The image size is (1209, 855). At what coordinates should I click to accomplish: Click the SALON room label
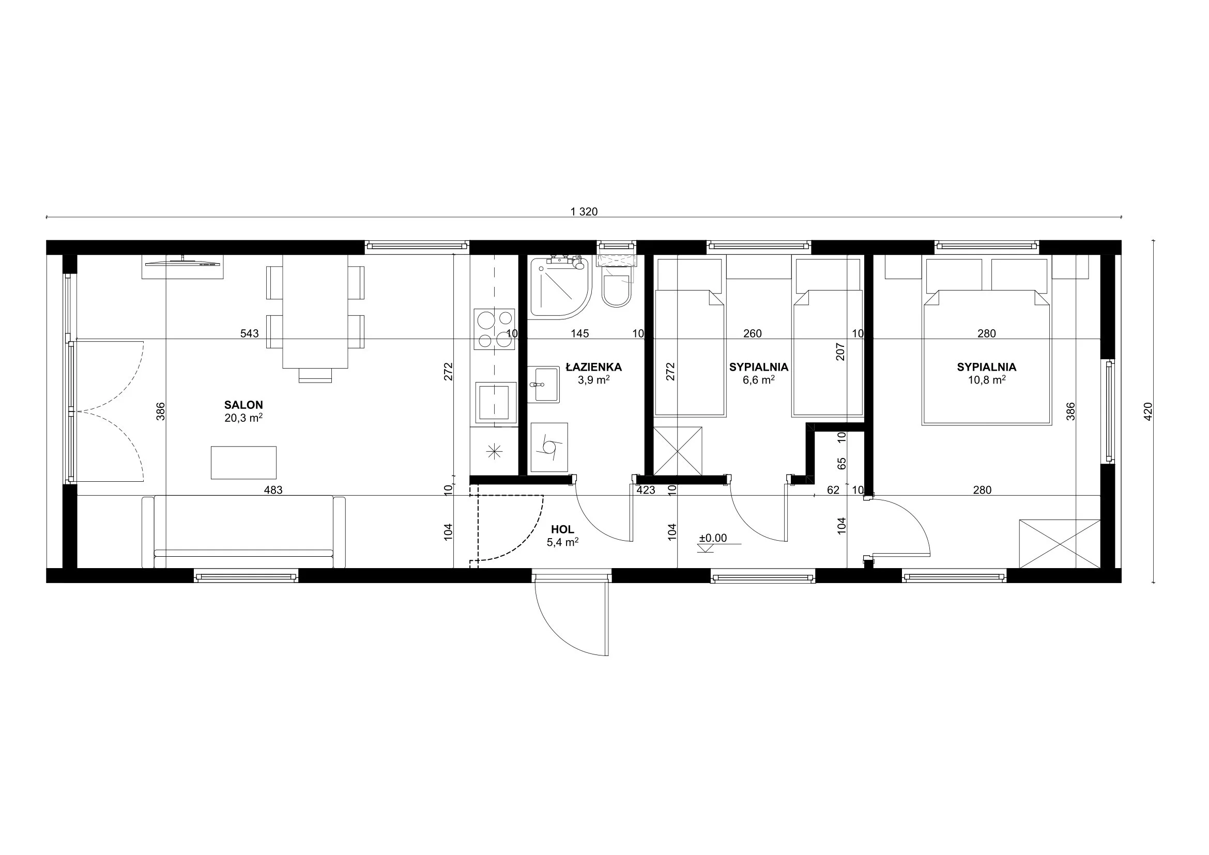click(x=243, y=405)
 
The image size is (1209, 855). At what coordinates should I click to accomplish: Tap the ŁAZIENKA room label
click(x=593, y=367)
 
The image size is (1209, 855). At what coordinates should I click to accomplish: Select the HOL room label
click(x=562, y=529)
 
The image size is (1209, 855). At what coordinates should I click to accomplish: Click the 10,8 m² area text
click(x=986, y=379)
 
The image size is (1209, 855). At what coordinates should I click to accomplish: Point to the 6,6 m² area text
click(x=758, y=379)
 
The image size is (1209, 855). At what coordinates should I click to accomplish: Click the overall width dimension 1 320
click(x=584, y=211)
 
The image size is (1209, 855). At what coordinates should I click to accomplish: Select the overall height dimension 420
click(x=1149, y=411)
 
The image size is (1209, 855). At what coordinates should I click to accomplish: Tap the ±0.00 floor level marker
click(x=713, y=538)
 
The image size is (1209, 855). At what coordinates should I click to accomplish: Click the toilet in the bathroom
click(x=617, y=288)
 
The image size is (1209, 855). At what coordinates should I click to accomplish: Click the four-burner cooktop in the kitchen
click(x=495, y=329)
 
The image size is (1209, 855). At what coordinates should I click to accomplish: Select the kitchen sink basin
click(x=496, y=403)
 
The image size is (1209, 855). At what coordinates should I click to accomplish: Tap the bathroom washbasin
click(x=543, y=384)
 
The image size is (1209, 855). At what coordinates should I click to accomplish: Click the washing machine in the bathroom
click(x=549, y=447)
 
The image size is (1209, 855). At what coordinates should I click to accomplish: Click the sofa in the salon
click(x=244, y=532)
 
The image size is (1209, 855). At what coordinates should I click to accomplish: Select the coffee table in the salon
click(x=244, y=463)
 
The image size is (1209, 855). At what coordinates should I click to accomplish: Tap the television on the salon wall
click(x=182, y=263)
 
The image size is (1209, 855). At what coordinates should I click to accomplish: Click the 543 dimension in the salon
click(x=250, y=333)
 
